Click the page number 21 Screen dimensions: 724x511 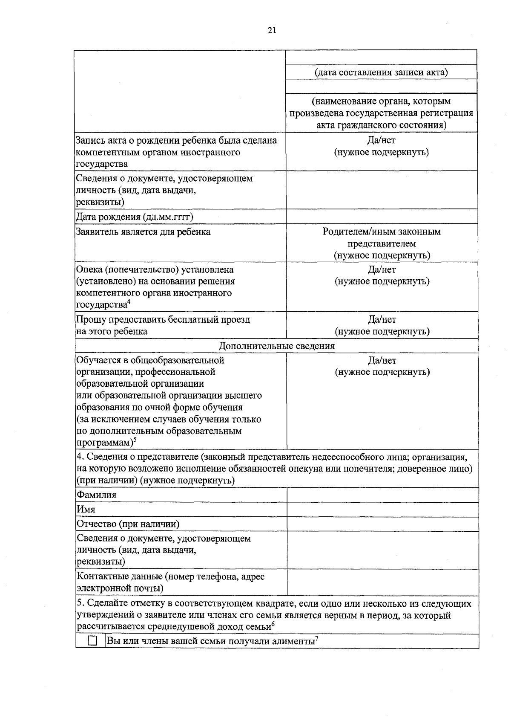click(x=272, y=30)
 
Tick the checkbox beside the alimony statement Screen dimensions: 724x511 click(x=92, y=641)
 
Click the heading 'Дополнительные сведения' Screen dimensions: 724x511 click(x=276, y=346)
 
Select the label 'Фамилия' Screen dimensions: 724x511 click(x=96, y=495)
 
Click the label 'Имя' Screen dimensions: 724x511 click(x=86, y=509)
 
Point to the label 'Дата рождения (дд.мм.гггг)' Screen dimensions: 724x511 click(x=135, y=217)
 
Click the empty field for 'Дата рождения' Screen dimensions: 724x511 click(x=382, y=217)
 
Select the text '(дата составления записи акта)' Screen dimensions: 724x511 click(x=381, y=72)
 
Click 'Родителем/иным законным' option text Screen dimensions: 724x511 click(x=382, y=232)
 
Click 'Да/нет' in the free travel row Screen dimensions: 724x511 click(x=382, y=319)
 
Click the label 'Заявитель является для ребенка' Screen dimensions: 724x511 click(x=143, y=232)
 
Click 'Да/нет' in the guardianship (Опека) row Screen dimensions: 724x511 click(x=382, y=269)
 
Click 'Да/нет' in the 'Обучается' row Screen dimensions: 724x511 click(x=382, y=360)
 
